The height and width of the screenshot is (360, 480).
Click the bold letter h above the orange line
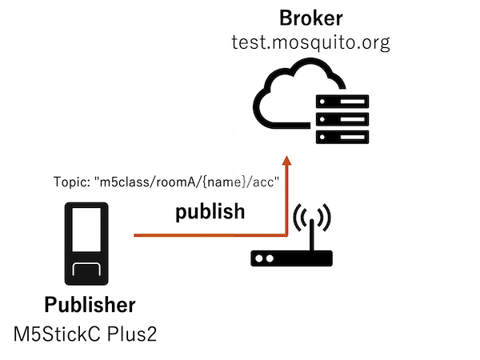(238, 213)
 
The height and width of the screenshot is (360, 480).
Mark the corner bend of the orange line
(286, 234)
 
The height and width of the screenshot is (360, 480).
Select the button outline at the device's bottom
(86, 271)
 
